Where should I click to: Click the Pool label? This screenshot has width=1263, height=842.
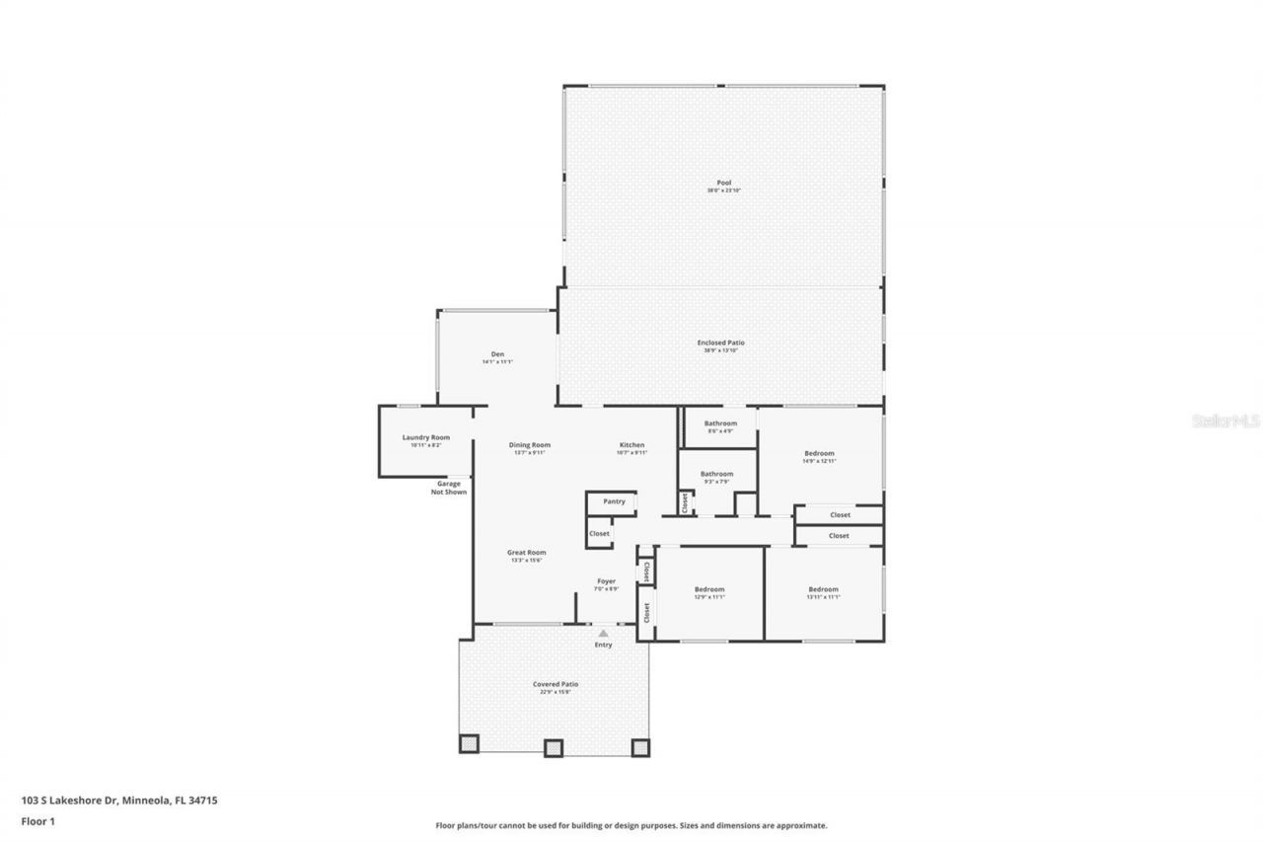click(723, 184)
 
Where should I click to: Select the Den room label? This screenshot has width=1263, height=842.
click(497, 354)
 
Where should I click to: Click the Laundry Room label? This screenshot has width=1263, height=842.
click(425, 437)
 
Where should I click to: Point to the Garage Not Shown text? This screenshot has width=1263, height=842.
click(449, 488)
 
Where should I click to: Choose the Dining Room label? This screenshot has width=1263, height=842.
click(529, 445)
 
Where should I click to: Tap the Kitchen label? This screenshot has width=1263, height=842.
click(631, 445)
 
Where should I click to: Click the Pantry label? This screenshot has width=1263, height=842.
click(614, 501)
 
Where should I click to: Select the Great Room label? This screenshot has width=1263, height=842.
click(526, 553)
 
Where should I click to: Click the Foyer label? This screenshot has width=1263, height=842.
click(606, 581)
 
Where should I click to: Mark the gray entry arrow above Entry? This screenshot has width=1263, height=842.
click(603, 633)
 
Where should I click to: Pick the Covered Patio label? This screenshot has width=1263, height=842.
click(556, 684)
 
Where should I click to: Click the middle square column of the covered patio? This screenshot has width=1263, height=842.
click(553, 747)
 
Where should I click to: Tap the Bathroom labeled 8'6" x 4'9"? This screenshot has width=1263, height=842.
click(719, 423)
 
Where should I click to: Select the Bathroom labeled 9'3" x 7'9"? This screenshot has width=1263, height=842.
click(716, 474)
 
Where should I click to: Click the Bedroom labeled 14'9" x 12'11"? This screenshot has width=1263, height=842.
click(819, 453)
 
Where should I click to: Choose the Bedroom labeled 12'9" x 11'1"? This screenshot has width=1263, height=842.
click(708, 589)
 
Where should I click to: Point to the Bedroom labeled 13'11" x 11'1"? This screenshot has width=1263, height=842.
click(823, 589)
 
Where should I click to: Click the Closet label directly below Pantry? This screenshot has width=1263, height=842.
click(599, 533)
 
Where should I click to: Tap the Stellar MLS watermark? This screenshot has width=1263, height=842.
click(1226, 421)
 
